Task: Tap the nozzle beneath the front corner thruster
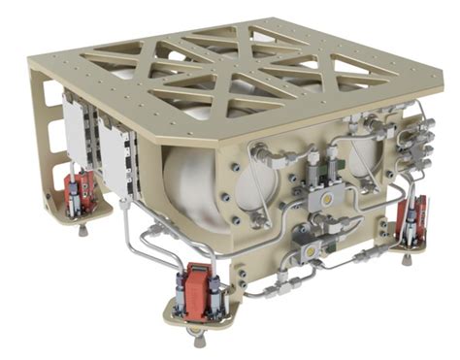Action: (x=198, y=339)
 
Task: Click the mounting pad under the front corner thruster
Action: (x=198, y=316)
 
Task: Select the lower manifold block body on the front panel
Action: (x=309, y=243)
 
